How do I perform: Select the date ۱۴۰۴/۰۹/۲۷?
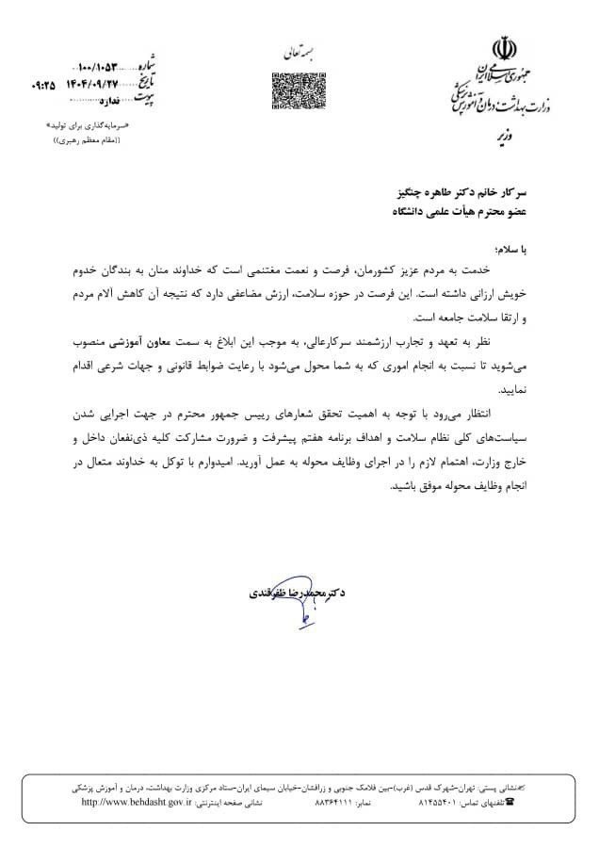pyautogui.click(x=105, y=82)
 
